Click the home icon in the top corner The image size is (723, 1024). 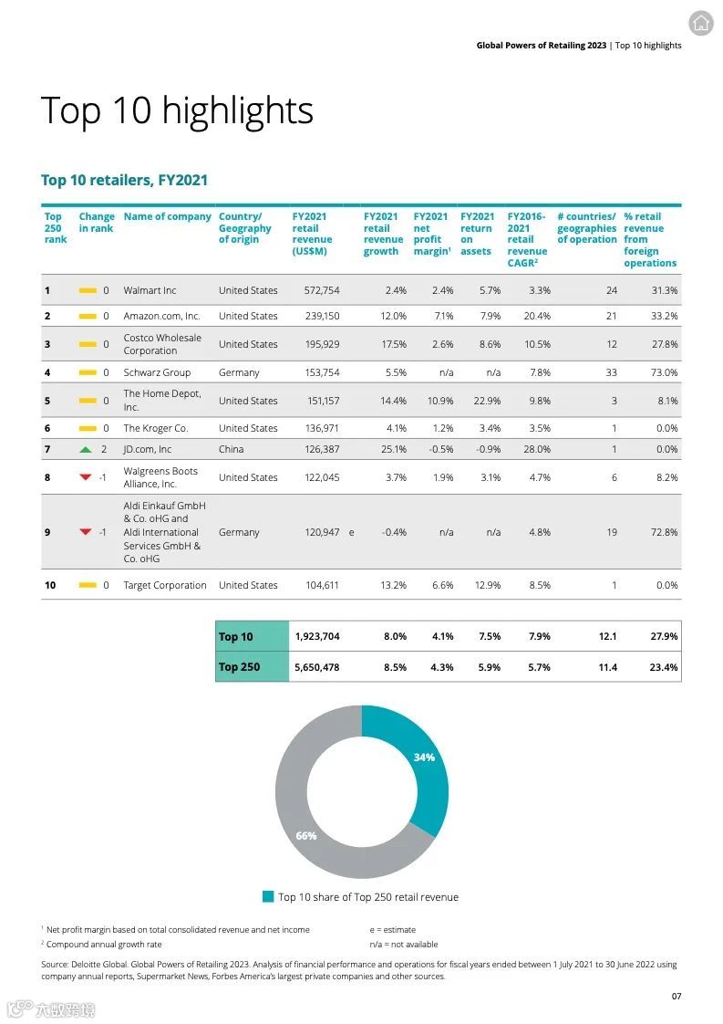(x=701, y=24)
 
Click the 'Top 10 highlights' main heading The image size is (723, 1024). (x=177, y=111)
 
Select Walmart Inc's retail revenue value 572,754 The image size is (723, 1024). (x=322, y=290)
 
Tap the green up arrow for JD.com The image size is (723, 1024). (x=86, y=449)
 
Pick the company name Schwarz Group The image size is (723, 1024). (x=157, y=372)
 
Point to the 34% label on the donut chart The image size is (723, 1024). (x=424, y=758)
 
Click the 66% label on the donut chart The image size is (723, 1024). (x=306, y=836)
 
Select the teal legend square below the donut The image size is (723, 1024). (x=268, y=897)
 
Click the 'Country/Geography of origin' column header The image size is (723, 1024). (x=244, y=228)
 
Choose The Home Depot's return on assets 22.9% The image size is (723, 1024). (x=484, y=401)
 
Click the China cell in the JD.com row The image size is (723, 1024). (x=232, y=449)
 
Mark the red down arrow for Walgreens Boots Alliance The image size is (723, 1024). (x=86, y=477)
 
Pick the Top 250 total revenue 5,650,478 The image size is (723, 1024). (x=316, y=667)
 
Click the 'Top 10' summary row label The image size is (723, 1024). (x=236, y=637)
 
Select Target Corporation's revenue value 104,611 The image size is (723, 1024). (x=322, y=585)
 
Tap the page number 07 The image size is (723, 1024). (x=676, y=996)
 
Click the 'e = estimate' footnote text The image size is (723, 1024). (x=392, y=930)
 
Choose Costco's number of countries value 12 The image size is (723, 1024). (x=611, y=344)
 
